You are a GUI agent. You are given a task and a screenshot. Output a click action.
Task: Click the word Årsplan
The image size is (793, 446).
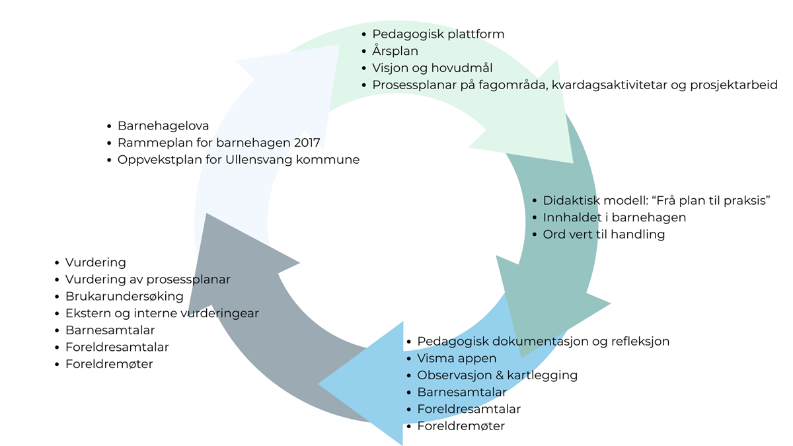tap(395, 51)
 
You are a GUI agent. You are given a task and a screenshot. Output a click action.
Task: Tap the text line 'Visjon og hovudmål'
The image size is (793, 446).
tap(432, 68)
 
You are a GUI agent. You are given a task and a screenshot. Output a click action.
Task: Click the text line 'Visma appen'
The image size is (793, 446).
tap(457, 359)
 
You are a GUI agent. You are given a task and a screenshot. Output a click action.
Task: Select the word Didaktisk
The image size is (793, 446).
tap(570, 201)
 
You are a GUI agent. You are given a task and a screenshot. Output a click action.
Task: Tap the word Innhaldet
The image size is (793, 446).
tap(570, 217)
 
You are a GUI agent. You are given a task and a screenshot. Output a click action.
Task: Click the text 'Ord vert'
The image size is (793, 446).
tap(568, 235)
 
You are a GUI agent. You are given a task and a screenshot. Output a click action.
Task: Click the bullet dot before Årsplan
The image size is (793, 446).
tap(363, 51)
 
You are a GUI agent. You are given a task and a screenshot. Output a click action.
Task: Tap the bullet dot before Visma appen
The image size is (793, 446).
tap(408, 359)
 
